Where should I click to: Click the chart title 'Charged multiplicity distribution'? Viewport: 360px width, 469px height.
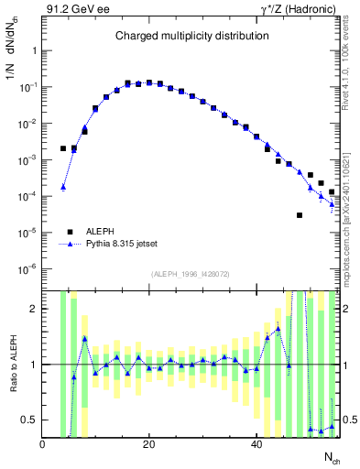pos(191,36)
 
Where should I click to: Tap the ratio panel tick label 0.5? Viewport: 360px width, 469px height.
pos(29,420)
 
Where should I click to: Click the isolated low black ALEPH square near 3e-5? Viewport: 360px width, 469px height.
pos(300,215)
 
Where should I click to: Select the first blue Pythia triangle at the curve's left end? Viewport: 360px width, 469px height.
pos(63,187)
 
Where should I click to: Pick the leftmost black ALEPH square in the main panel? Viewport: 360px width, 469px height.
pos(63,148)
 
